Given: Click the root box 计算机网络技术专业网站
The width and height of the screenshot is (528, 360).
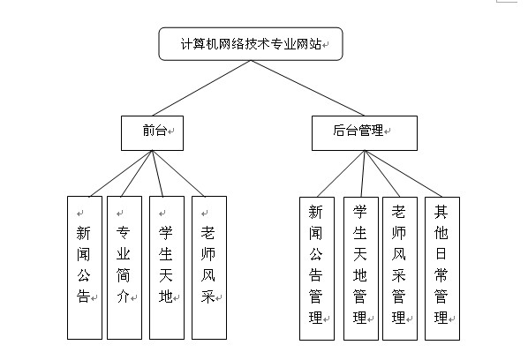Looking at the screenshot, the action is click(x=251, y=44).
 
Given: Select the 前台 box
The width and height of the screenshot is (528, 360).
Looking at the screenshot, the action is click(x=152, y=133).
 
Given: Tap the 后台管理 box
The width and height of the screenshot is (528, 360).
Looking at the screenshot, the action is click(x=365, y=133).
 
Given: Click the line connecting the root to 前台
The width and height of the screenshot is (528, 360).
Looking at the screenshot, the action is click(x=201, y=88).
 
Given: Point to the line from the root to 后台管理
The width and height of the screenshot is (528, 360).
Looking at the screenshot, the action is click(x=307, y=88).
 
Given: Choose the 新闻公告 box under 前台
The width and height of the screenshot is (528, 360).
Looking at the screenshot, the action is click(x=85, y=268).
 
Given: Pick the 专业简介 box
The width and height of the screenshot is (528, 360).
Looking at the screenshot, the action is click(x=124, y=268).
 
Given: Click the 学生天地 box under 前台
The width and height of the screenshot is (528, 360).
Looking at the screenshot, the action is click(x=167, y=268).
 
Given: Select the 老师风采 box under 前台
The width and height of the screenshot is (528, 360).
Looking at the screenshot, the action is click(x=209, y=268).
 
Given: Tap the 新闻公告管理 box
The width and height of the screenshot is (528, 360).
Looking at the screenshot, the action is click(x=317, y=268).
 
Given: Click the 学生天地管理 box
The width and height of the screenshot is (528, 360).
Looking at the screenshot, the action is click(x=360, y=268).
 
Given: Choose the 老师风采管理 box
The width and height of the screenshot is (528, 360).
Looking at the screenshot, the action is click(x=400, y=268).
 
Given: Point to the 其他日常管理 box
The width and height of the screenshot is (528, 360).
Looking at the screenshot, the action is click(x=442, y=268).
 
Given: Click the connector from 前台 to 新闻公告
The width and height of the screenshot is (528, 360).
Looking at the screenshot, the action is click(x=121, y=174).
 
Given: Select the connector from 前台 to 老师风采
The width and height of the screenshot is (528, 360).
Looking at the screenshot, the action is click(x=178, y=174).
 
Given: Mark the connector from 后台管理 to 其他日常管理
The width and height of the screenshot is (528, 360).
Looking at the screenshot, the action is click(x=404, y=174).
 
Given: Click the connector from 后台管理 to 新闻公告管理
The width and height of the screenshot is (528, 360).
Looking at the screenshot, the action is click(x=341, y=174).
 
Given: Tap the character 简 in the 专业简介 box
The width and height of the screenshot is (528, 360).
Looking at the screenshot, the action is click(x=124, y=275).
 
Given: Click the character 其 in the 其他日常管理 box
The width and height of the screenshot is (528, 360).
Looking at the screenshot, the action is click(x=441, y=212).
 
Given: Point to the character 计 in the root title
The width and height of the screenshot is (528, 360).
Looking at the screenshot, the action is click(x=187, y=44).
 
